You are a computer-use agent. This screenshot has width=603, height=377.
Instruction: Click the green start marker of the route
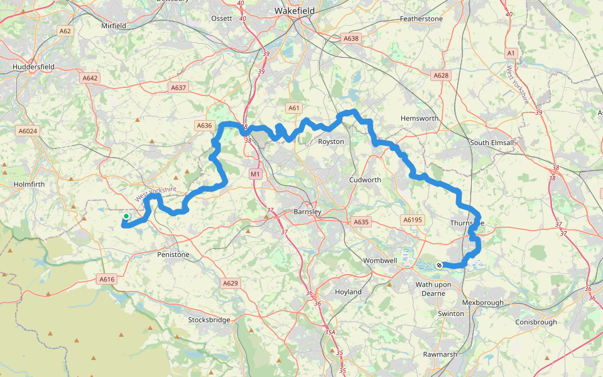tap(126, 217)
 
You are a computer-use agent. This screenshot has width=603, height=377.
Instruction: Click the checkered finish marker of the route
tap(439, 265)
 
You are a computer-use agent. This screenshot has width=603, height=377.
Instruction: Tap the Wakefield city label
tap(295, 11)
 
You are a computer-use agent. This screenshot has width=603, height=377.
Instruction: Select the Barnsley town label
tap(307, 212)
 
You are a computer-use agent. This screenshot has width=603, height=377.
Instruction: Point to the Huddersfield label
tap(33, 67)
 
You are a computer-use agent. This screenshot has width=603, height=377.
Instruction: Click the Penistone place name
tap(173, 255)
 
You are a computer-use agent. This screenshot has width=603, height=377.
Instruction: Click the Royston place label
tap(331, 141)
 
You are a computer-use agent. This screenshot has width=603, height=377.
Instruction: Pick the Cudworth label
tap(365, 180)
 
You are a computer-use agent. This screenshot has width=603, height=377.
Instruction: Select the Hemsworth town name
tap(420, 118)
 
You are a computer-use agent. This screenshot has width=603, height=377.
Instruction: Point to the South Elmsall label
tap(492, 143)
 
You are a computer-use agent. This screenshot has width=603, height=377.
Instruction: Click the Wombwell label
tap(379, 260)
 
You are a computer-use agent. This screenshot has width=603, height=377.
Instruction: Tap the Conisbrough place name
tap(536, 322)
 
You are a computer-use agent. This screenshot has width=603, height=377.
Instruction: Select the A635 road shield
tap(361, 222)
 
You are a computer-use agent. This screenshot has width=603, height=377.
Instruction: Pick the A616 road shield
tap(106, 279)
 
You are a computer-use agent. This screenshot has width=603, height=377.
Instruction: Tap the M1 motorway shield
tap(254, 173)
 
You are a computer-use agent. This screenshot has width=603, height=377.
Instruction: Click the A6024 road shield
tap(28, 131)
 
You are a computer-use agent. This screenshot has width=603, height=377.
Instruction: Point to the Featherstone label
tap(421, 19)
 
